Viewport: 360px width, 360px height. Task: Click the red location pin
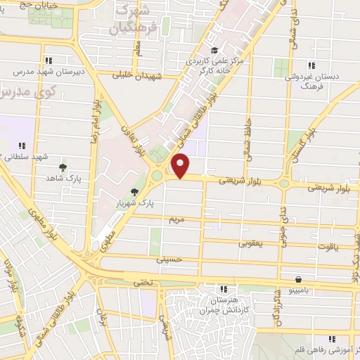click(181, 166)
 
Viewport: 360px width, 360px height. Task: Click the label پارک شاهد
click(65, 179)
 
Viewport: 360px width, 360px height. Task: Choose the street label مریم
click(176, 220)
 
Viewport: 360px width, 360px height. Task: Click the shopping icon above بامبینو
click(300, 278)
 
